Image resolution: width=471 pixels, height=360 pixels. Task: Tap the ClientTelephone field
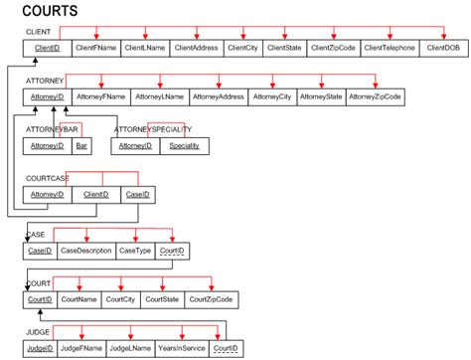pos(389,47)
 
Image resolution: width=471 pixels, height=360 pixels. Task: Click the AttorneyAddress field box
pos(217,96)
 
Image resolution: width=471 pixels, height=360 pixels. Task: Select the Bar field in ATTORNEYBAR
pos(82,146)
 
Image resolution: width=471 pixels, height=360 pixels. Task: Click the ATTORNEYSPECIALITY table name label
pos(153,129)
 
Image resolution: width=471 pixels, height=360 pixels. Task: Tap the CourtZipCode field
pos(211,299)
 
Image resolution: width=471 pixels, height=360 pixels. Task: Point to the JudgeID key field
pos(39,349)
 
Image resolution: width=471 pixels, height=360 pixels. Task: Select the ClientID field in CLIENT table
pos(46,47)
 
